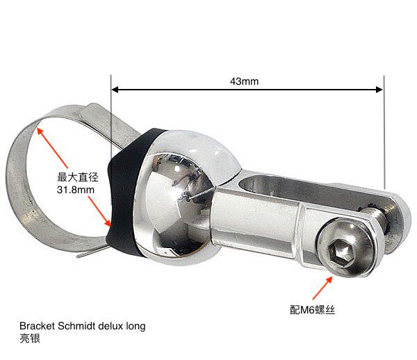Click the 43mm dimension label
tap(244, 81)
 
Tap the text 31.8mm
tap(72, 188)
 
